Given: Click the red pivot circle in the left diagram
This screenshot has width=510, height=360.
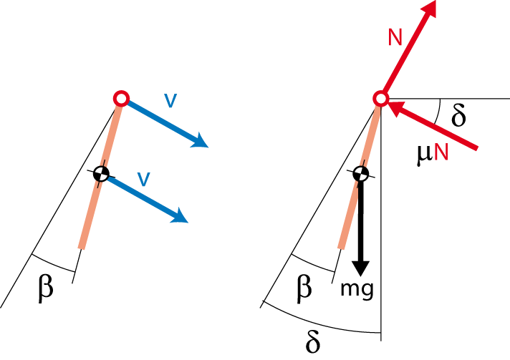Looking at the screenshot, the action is (x=121, y=99).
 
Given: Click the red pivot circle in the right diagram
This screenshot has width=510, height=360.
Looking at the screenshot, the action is (x=381, y=99).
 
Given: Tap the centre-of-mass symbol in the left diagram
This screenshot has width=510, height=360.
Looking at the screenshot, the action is (x=101, y=174).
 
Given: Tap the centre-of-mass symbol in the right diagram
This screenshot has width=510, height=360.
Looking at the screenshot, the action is (x=360, y=174).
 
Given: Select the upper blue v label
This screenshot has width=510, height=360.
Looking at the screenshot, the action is (x=170, y=100).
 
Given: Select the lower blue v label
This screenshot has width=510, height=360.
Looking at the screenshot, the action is (x=144, y=179).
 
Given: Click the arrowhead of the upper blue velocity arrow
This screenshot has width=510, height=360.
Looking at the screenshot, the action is (x=199, y=141).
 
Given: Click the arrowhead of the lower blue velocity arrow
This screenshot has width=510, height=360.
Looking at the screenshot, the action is (x=179, y=216).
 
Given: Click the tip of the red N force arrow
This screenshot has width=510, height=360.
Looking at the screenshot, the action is (x=436, y=1).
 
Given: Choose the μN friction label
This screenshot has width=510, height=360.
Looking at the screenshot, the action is (x=432, y=152).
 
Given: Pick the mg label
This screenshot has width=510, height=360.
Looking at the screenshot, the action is (x=357, y=288).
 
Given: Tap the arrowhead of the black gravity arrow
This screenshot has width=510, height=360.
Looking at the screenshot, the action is (x=361, y=268).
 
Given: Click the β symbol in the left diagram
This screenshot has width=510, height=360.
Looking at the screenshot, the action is (x=46, y=288).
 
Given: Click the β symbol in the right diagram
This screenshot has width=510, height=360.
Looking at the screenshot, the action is (x=304, y=288).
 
